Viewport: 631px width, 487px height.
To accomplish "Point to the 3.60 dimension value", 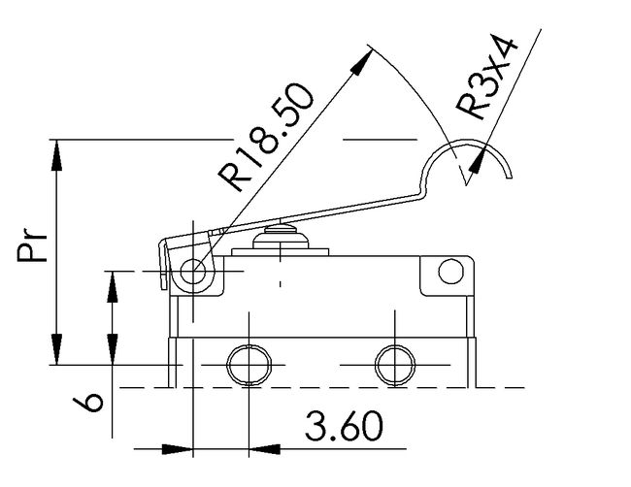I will coord(343,426).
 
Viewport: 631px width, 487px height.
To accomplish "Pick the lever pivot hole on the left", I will coord(197,274).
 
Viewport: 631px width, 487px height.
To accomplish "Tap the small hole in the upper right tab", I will coord(449,273).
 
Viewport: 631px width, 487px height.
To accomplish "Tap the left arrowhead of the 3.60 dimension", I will coord(177,448).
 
